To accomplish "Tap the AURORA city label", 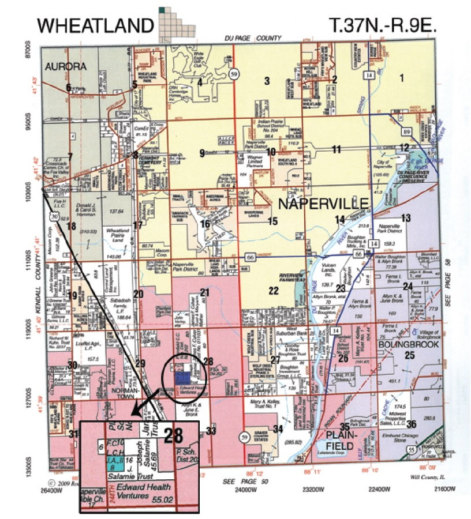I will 66,67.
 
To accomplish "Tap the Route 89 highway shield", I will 407,133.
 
